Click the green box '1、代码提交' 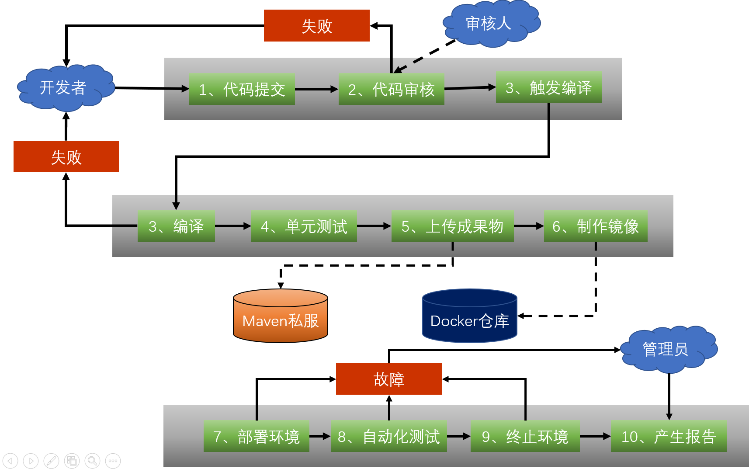click(x=242, y=89)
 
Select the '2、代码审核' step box click(x=391, y=89)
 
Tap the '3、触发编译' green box click(x=548, y=87)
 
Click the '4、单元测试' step click(x=304, y=226)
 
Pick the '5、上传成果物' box click(x=452, y=226)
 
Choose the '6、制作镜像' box click(x=595, y=226)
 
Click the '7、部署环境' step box click(x=256, y=436)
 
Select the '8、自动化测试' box click(x=388, y=436)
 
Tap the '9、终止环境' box click(x=525, y=436)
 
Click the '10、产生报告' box click(x=669, y=436)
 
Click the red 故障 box click(x=388, y=379)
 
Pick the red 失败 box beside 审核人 click(x=316, y=26)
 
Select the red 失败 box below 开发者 click(x=66, y=156)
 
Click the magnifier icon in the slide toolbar click(x=92, y=461)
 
